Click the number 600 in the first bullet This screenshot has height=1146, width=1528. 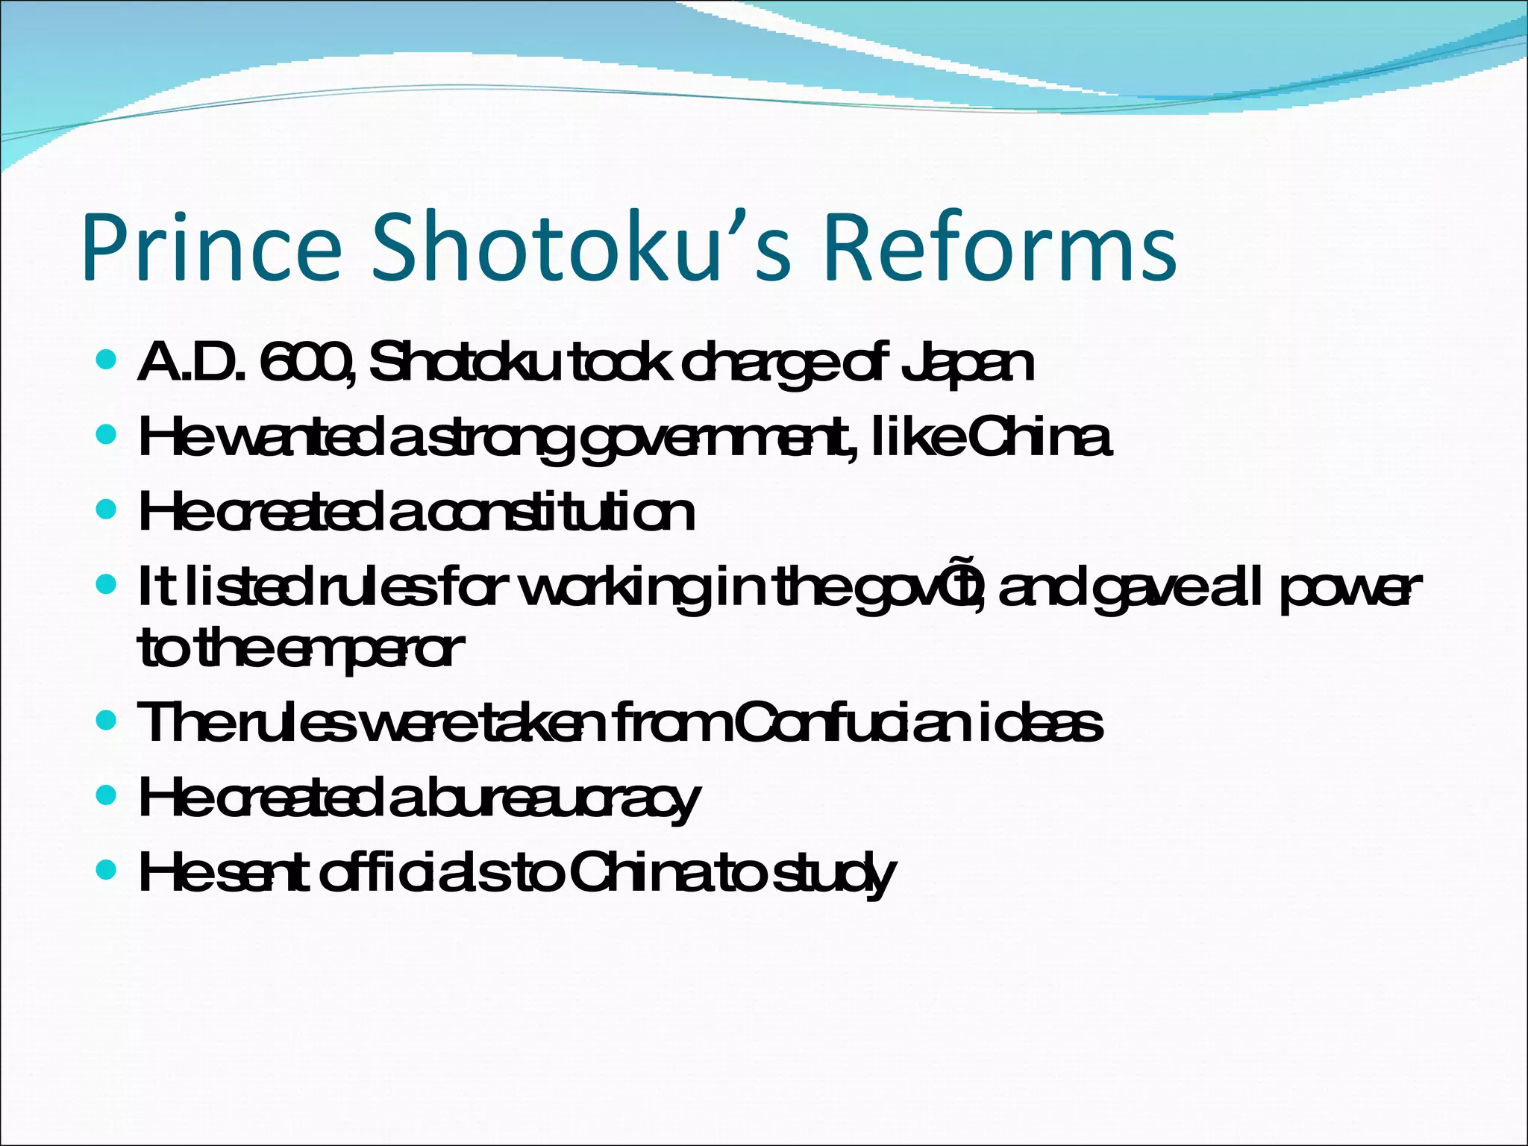pyautogui.click(x=304, y=363)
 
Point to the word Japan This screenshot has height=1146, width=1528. pyautogui.click(x=967, y=364)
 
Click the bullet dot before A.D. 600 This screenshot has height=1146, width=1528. pyautogui.click(x=107, y=360)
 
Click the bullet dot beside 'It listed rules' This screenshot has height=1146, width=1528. pyautogui.click(x=107, y=583)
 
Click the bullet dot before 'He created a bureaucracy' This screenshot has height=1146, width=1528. pyautogui.click(x=107, y=795)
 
